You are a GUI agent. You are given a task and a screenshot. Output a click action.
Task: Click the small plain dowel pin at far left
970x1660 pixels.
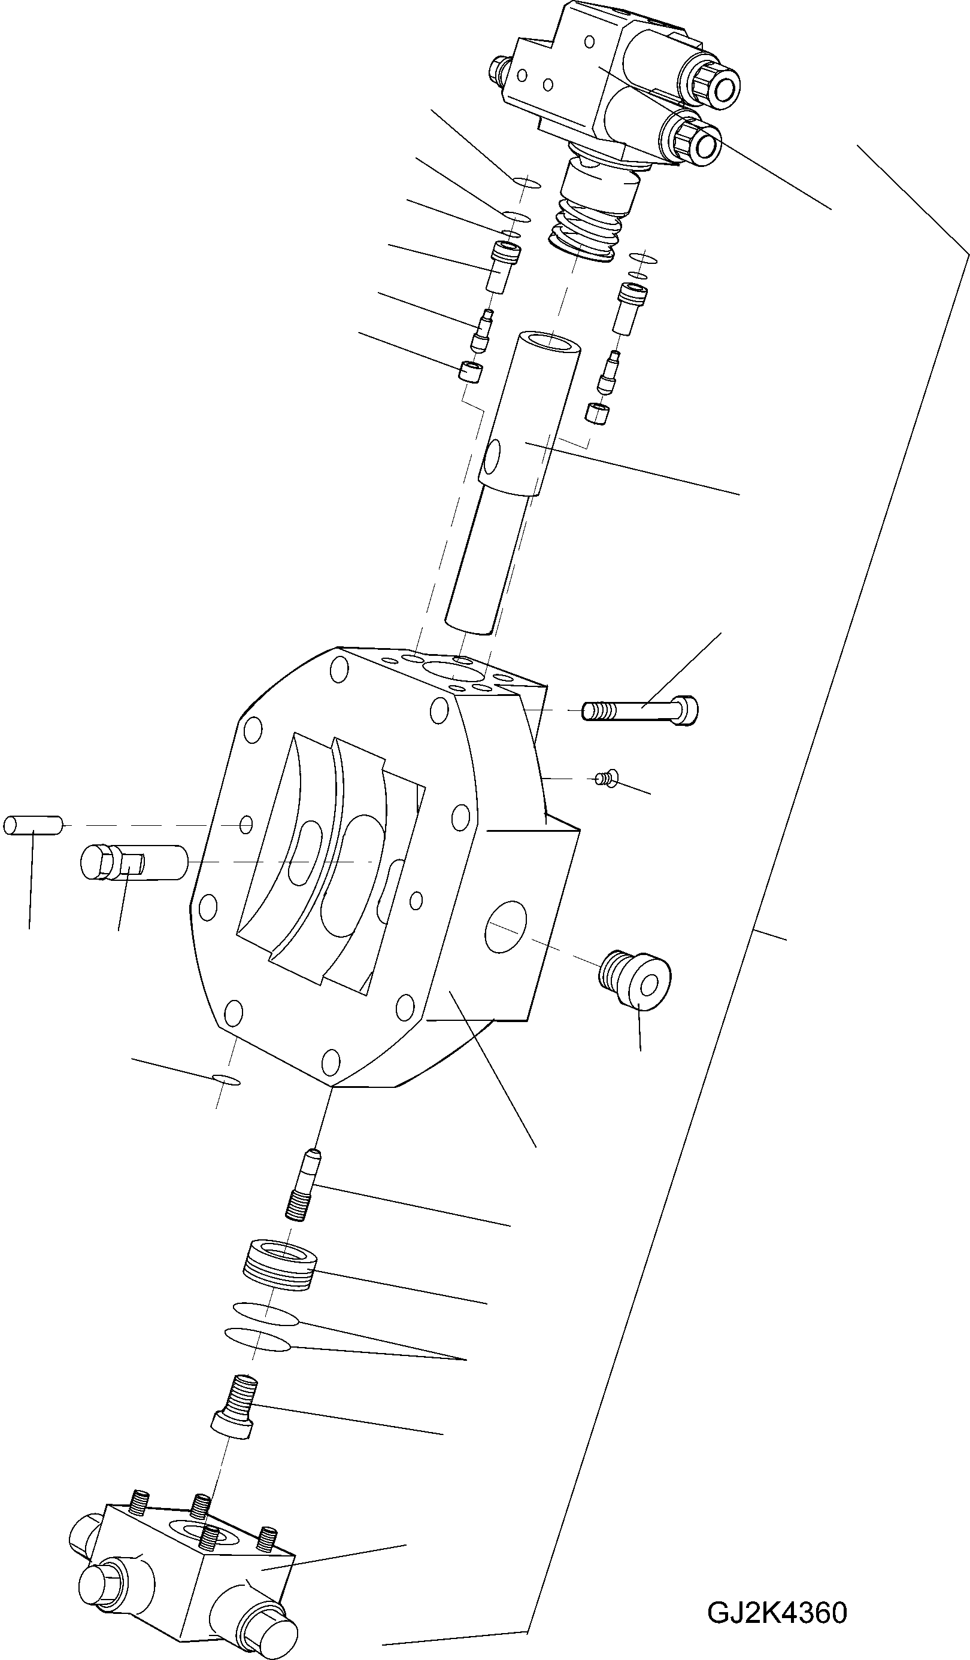pyautogui.click(x=32, y=825)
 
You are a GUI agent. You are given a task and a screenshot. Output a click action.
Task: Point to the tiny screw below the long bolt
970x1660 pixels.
pyautogui.click(x=604, y=779)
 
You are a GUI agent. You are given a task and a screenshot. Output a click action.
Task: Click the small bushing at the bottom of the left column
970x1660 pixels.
pyautogui.click(x=470, y=372)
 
